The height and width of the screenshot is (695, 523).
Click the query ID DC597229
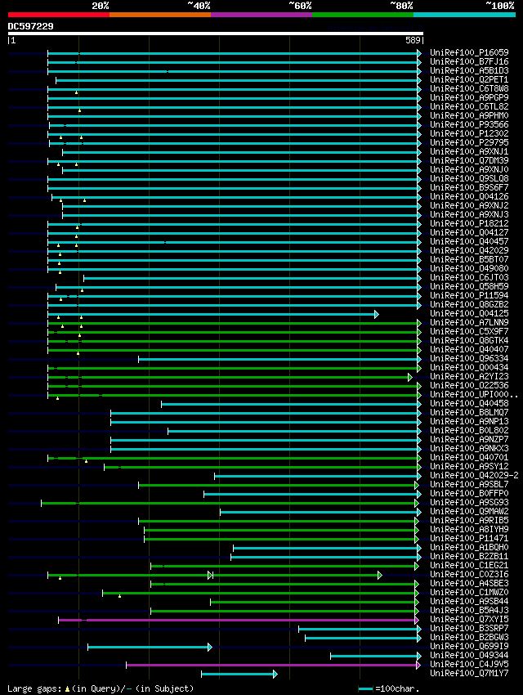31,26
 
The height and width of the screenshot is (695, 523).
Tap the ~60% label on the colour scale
300,5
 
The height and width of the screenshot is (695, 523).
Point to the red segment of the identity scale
58,15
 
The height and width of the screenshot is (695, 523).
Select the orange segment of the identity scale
159,15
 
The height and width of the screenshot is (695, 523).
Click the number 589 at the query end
412,40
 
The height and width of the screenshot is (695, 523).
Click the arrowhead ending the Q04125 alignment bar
376,314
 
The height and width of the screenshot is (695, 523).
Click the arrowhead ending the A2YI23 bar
410,377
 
